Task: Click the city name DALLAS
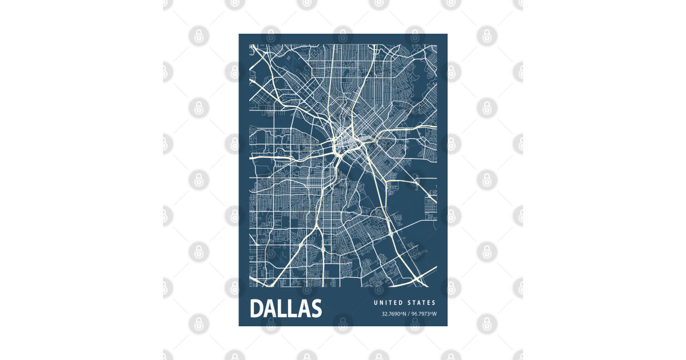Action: [x=286, y=309]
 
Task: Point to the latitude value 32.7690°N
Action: [x=394, y=314]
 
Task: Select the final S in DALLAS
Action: [x=316, y=309]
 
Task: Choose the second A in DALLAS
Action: [x=302, y=309]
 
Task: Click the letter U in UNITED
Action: [x=376, y=303]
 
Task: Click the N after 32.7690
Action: [x=404, y=314]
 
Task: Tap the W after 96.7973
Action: [x=434, y=314]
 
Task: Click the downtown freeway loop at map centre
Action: [x=343, y=139]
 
